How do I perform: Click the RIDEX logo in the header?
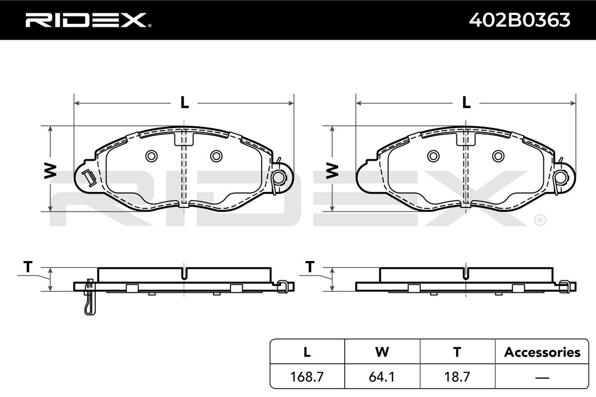[88, 20]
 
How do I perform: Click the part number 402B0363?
[520, 20]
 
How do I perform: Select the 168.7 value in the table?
[307, 377]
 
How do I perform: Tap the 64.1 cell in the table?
[382, 377]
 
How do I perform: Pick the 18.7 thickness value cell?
[457, 377]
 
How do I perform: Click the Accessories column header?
[542, 352]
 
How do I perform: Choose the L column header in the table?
[307, 352]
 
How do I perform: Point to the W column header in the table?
[382, 352]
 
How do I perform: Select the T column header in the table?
[457, 352]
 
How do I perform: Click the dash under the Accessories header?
[542, 377]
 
